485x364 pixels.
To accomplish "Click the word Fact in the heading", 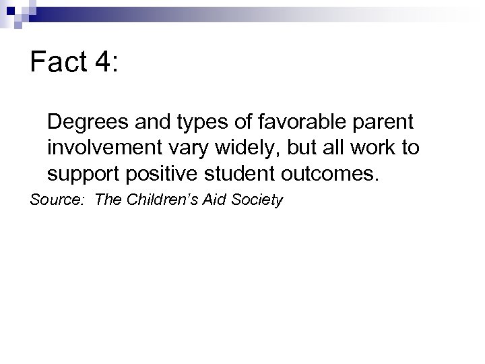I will point(58,63).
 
